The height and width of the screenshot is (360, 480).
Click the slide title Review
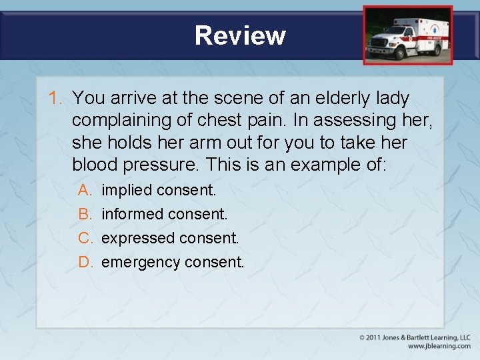(240, 35)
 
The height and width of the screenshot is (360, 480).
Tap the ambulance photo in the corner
(407, 35)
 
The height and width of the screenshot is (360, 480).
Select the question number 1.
(55, 99)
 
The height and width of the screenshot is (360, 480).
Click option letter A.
(85, 190)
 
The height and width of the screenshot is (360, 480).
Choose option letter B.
(85, 214)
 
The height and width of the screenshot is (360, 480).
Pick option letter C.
(85, 238)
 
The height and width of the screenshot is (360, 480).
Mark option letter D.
(85, 262)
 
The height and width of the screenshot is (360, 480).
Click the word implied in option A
(127, 191)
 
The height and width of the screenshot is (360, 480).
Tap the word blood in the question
(94, 164)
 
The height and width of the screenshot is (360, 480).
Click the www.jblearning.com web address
(439, 346)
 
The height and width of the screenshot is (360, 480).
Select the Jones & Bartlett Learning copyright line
(415, 337)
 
